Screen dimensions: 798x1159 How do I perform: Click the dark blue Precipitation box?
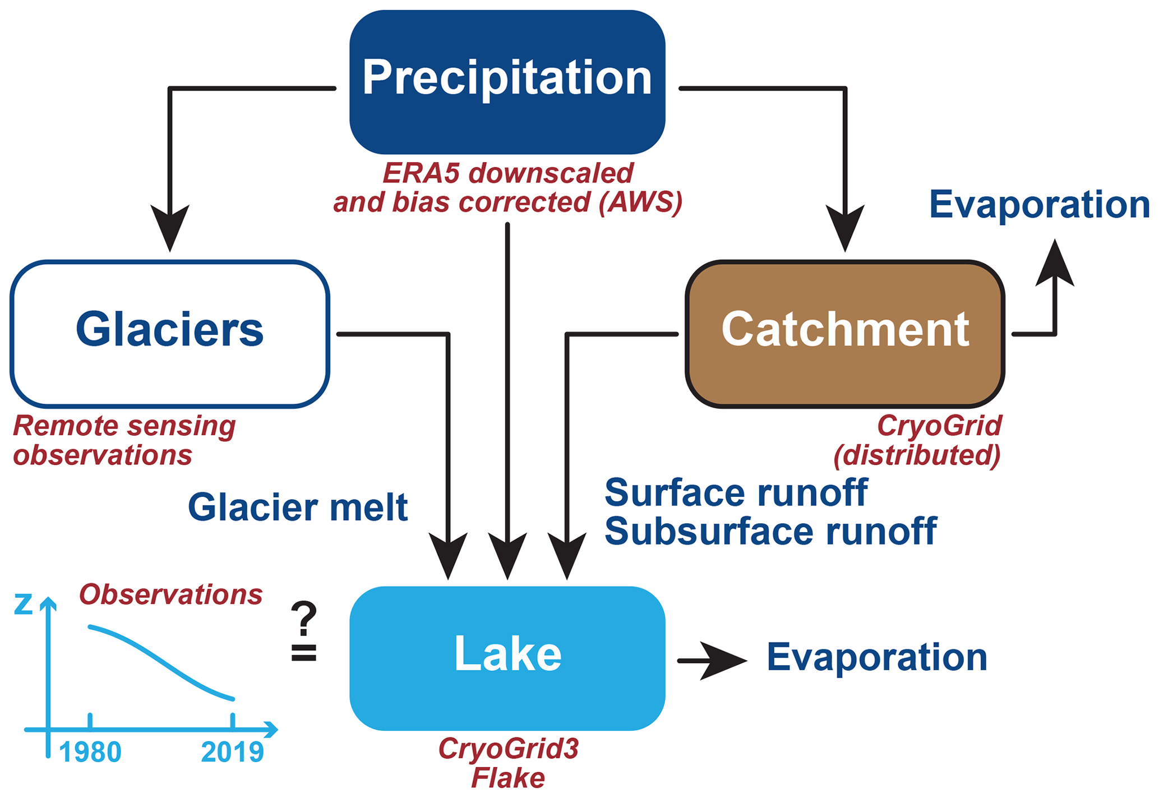coord(507,82)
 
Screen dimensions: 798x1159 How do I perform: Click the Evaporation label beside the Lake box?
coord(876,657)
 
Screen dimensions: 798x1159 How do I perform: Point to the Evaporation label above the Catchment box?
coord(1039,204)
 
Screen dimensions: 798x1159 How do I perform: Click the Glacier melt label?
coord(298,508)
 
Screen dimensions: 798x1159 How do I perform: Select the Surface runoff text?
coord(736,493)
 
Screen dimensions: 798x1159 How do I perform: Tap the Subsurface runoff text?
coord(770,531)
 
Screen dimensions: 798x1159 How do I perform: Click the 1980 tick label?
coord(90,752)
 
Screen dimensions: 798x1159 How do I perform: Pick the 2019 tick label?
coord(232,752)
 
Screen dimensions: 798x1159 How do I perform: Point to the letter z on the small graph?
coord(24,605)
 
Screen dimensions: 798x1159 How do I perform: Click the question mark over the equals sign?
coord(304,618)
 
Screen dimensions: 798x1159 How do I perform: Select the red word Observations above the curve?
coord(170,594)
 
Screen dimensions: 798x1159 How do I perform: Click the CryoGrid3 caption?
coord(508,749)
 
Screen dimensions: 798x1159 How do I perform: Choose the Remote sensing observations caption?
coord(124,440)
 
